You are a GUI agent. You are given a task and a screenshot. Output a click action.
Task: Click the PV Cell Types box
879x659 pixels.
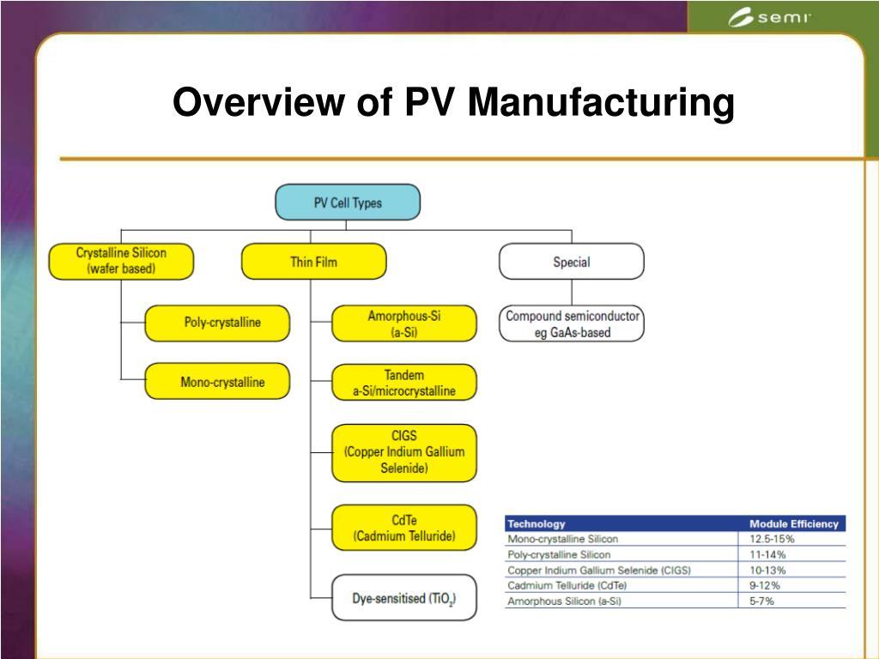tap(348, 203)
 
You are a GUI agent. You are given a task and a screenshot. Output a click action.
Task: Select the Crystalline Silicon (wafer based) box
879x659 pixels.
tap(121, 261)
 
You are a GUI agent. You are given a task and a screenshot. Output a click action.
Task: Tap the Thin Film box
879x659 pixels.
tap(313, 261)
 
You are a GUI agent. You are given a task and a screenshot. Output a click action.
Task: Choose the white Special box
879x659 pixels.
tap(571, 261)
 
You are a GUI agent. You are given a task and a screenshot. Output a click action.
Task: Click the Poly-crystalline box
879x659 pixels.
tap(217, 323)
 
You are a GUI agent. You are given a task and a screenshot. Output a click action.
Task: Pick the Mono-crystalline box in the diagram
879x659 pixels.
tap(217, 382)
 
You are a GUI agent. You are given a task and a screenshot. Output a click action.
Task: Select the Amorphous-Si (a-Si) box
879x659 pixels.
tap(403, 323)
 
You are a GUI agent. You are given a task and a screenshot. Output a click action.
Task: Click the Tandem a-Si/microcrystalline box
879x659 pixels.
tap(403, 383)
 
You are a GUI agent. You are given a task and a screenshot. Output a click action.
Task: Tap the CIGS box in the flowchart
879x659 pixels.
tap(403, 452)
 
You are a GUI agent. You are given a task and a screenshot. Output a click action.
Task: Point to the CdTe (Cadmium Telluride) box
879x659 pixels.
tap(403, 529)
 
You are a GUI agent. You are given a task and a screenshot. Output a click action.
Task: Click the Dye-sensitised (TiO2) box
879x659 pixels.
tap(403, 597)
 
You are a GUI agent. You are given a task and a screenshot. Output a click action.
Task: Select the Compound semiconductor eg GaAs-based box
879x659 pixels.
tap(572, 323)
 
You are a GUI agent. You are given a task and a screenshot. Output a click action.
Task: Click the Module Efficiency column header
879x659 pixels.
tap(793, 523)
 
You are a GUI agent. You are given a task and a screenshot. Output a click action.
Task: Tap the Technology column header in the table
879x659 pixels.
tap(536, 523)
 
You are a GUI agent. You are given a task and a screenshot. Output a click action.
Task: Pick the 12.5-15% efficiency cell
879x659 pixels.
tap(772, 539)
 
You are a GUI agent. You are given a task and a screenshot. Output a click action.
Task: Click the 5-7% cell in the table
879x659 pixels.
tap(761, 601)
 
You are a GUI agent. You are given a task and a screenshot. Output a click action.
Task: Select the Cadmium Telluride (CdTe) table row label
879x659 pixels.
tap(567, 585)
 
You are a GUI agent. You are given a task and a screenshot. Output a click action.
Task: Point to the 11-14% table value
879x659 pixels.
tap(767, 554)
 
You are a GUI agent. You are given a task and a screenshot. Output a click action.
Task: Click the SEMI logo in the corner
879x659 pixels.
tap(769, 18)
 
